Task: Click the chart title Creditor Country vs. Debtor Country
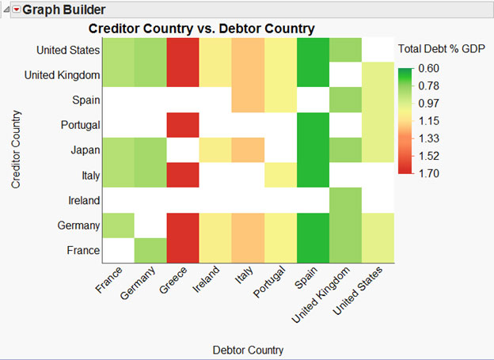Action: [x=201, y=28]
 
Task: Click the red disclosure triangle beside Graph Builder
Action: [x=15, y=10]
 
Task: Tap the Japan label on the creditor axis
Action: [x=84, y=150]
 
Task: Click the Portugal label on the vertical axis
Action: [x=79, y=125]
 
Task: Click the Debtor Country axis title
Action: [x=248, y=349]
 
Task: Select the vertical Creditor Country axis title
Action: [x=15, y=150]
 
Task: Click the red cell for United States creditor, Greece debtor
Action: [x=183, y=50]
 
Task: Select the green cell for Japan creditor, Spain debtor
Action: [x=313, y=150]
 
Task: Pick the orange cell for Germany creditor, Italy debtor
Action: [x=248, y=225]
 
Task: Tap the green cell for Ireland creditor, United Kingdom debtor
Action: [x=345, y=200]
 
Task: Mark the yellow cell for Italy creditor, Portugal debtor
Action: [x=280, y=175]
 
